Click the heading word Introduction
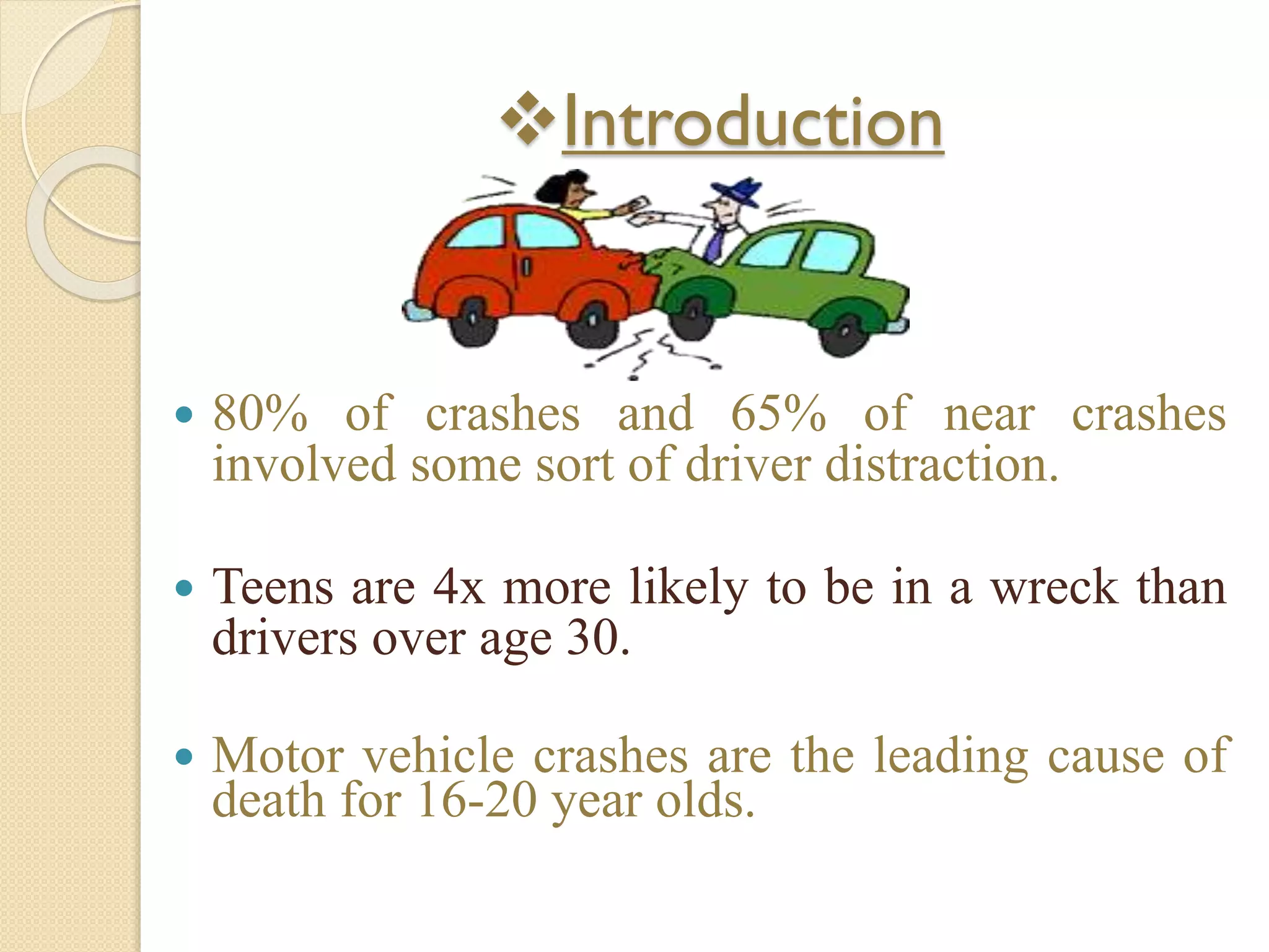coord(753,123)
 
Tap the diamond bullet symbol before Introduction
coord(527,118)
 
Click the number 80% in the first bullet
coord(260,413)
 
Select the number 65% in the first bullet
coord(778,413)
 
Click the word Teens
coord(273,587)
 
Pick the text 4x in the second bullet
coord(459,587)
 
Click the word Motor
coord(278,756)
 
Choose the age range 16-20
coord(477,801)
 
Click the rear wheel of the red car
coord(473,322)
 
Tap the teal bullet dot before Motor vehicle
coord(185,757)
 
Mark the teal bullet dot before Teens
coord(185,588)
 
